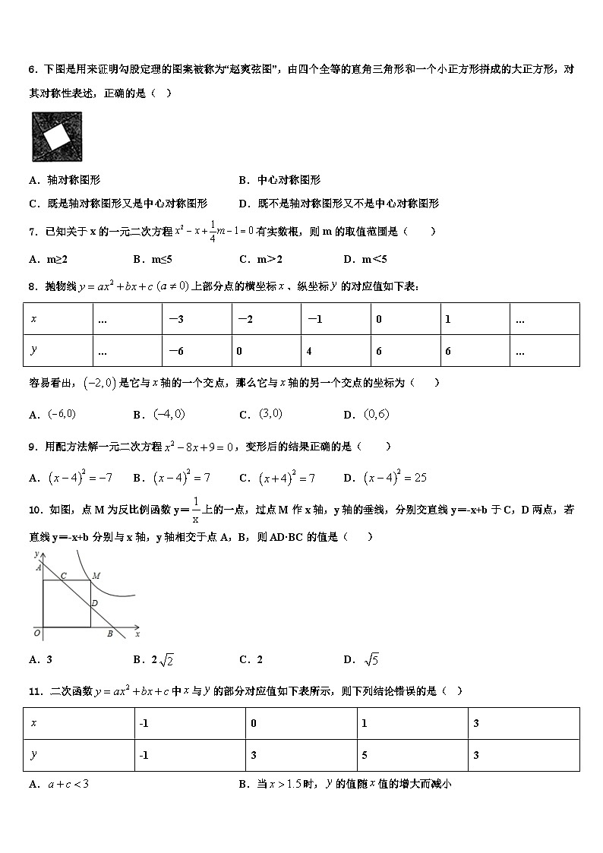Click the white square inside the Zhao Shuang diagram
56,138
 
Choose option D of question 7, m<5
365,259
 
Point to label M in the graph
96,576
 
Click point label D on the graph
94,603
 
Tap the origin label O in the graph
36,632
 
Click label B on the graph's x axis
109,633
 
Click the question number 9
33,447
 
